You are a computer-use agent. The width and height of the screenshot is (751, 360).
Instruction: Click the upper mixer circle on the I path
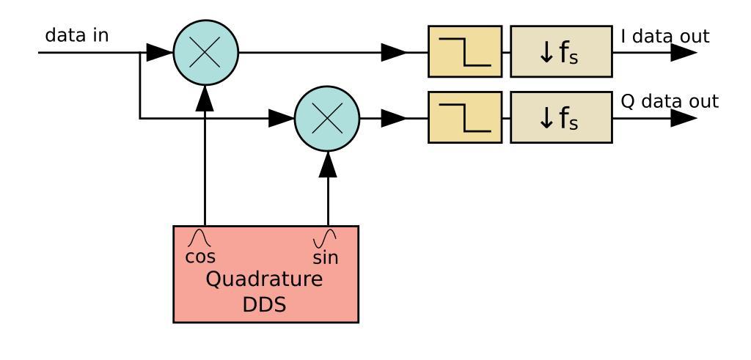pos(206,52)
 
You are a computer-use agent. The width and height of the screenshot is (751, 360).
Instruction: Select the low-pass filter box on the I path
pos(465,52)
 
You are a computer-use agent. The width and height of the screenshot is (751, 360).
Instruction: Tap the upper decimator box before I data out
pos(561,52)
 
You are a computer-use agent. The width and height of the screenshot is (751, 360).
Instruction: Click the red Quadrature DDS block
pos(265,293)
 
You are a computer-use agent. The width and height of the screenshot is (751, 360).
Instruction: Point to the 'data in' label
pos(77,35)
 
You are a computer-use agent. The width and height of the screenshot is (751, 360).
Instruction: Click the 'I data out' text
pos(664,35)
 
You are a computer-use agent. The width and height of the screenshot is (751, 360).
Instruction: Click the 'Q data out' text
pos(670,101)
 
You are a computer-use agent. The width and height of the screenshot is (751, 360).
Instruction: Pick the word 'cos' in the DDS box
pos(200,257)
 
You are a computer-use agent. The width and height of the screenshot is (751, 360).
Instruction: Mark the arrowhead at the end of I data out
pos(684,52)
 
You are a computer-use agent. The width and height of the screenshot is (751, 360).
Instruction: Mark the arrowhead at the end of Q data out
pos(684,118)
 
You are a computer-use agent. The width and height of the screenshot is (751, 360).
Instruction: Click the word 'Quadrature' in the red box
pos(265,281)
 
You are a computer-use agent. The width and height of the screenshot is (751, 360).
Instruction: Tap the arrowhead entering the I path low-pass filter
pos(395,52)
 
